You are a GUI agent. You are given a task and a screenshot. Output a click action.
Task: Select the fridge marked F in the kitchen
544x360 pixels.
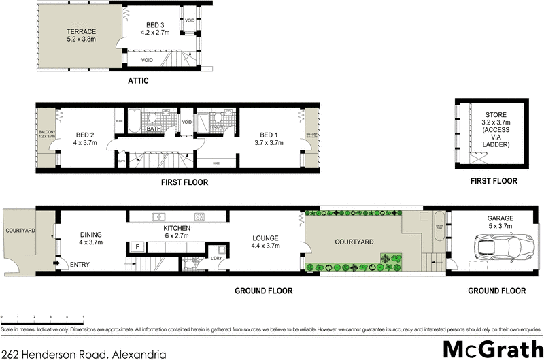click(x=137, y=246)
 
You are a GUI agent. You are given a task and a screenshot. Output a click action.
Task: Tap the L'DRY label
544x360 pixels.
click(x=216, y=258)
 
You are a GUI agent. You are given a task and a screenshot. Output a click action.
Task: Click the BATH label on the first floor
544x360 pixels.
click(x=154, y=128)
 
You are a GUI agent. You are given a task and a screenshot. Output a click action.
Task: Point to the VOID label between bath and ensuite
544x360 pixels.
click(x=186, y=122)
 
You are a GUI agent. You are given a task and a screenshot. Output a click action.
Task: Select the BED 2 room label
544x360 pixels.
click(x=86, y=139)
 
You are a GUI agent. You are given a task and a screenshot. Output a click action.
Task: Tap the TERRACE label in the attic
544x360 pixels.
click(x=80, y=35)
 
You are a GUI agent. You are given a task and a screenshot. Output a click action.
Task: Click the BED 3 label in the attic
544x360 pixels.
click(x=153, y=27)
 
